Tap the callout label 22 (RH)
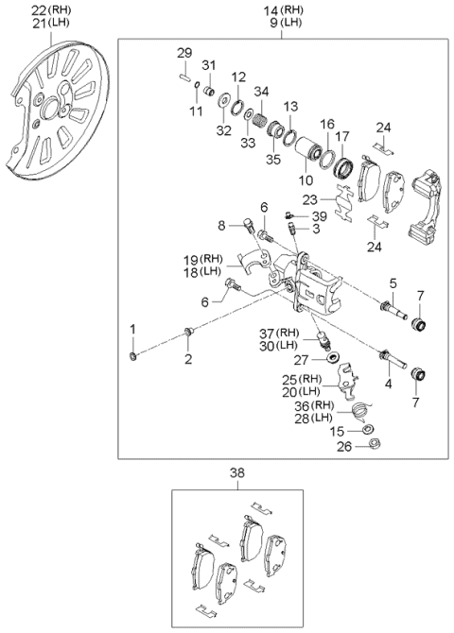click(x=39, y=9)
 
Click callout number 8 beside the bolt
click(x=221, y=226)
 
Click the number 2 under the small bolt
click(x=187, y=359)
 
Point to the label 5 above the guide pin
click(x=390, y=282)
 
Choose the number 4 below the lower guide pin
click(x=388, y=384)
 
